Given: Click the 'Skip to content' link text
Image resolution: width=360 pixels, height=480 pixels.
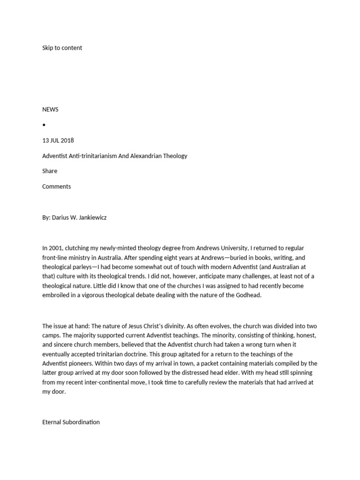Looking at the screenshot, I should pyautogui.click(x=62, y=48).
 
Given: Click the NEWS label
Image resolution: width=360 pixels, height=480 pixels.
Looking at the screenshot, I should pyautogui.click(x=50, y=109).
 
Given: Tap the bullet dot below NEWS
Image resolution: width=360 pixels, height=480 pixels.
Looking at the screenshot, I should pyautogui.click(x=44, y=125).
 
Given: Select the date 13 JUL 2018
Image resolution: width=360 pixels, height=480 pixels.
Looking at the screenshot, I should pyautogui.click(x=58, y=140).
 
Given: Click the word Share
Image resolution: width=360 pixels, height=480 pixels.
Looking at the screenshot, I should pyautogui.click(x=50, y=171).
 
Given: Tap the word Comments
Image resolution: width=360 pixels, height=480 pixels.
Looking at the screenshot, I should pyautogui.click(x=56, y=187).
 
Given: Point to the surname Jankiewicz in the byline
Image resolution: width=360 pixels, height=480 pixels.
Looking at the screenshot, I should pyautogui.click(x=90, y=217).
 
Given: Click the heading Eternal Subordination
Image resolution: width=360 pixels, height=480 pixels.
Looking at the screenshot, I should pyautogui.click(x=71, y=422).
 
